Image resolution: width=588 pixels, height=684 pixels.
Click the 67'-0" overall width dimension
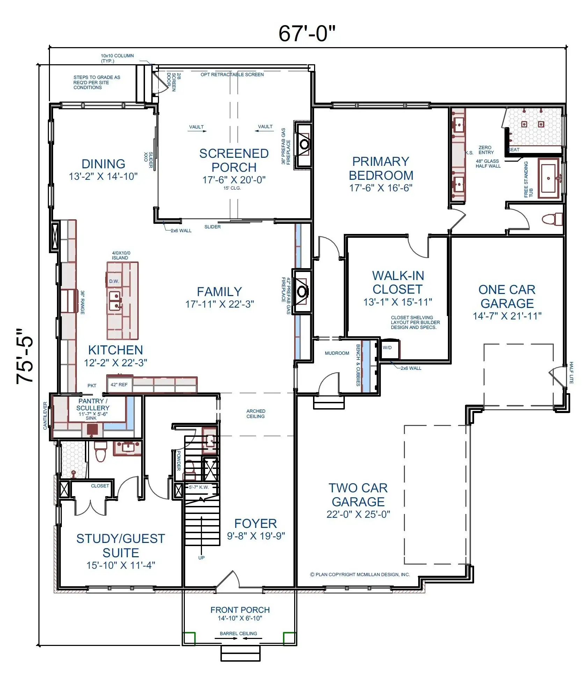307,34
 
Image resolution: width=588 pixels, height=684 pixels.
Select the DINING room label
103,164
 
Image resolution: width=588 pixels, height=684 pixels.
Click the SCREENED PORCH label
234,160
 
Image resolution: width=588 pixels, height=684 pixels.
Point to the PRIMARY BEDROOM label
381,168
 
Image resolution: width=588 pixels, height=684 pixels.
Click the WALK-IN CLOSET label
398,282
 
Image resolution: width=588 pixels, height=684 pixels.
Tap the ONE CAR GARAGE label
507,296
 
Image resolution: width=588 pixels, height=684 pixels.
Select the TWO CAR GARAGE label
358,495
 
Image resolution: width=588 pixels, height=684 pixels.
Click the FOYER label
256,523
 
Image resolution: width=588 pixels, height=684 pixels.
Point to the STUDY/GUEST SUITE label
121,546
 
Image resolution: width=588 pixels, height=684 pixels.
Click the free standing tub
548,178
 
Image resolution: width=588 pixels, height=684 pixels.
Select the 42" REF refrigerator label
119,384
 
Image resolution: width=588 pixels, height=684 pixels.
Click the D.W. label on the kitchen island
114,281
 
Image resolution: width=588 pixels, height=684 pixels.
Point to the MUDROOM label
337,353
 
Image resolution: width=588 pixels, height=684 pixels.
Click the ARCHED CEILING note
256,414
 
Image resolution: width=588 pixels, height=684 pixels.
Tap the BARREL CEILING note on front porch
238,633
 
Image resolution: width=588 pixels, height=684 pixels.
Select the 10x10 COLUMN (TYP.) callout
117,58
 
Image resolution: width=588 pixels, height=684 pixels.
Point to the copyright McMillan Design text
360,574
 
